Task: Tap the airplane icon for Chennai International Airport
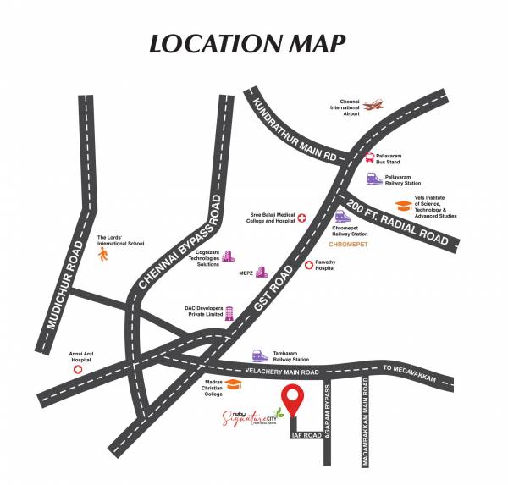[373, 105]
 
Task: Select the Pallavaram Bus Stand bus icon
[369, 157]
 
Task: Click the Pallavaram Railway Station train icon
[373, 179]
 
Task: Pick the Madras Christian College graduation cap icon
[238, 385]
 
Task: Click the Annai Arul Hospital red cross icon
[77, 369]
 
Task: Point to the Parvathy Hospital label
[332, 266]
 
